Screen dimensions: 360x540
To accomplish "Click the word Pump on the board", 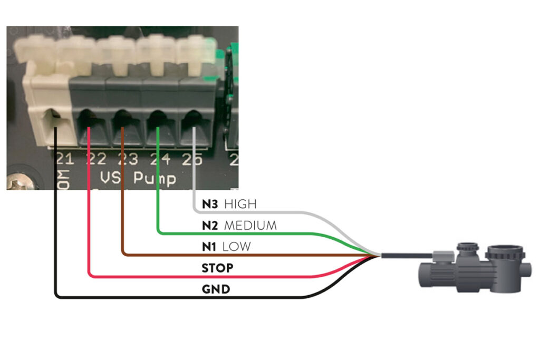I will pos(155,178).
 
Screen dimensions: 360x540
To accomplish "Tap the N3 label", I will pos(210,203).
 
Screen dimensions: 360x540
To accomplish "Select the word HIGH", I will pos(240,203).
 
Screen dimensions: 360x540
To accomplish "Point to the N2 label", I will pos(210,226).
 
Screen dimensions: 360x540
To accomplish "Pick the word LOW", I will pos(236,247).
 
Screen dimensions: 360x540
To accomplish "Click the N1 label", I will pos(210,247).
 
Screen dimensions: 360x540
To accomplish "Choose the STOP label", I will pos(217,268).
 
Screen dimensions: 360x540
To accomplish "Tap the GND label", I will pos(215,289).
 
